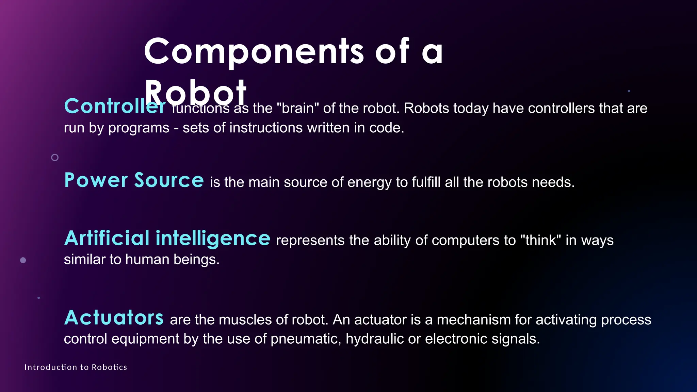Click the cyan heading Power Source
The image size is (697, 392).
(x=134, y=180)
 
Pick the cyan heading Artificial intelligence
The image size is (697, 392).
(x=167, y=238)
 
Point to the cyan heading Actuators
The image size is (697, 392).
(x=114, y=317)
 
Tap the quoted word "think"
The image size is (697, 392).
(x=540, y=240)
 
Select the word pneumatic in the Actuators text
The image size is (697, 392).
(x=306, y=339)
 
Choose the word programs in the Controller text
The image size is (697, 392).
(x=139, y=128)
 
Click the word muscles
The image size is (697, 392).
(x=245, y=320)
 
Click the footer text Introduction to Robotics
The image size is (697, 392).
(x=76, y=367)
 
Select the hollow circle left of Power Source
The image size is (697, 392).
(x=55, y=158)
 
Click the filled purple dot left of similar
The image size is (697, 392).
(x=23, y=260)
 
